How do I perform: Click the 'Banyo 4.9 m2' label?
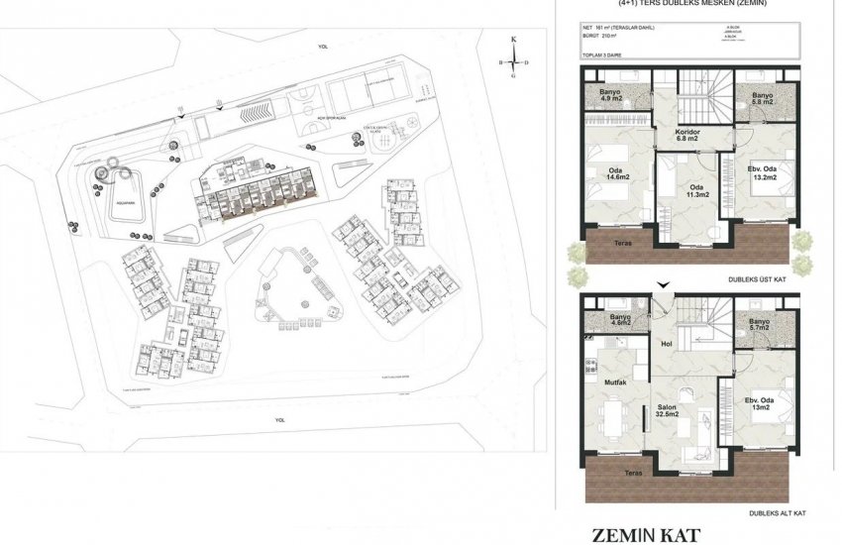(609, 96)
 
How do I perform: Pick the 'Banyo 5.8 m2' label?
(762, 97)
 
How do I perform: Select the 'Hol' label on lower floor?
(666, 345)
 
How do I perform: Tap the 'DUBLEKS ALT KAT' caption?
(778, 514)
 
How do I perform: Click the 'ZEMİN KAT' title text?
(646, 535)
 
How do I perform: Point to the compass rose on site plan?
(513, 61)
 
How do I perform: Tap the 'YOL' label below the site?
(279, 419)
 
